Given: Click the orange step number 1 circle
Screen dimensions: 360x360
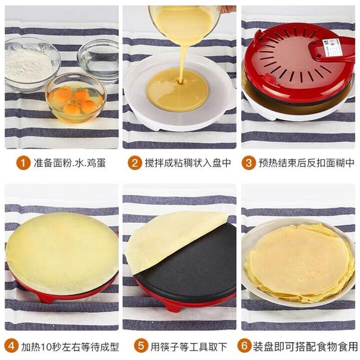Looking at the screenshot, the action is [23, 163].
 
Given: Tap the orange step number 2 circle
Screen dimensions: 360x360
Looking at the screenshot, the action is [135, 163].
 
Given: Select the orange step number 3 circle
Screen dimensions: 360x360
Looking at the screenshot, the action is [248, 163].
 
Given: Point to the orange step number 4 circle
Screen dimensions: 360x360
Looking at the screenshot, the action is [11, 346].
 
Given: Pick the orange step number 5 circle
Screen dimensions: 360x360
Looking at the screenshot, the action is [141, 346].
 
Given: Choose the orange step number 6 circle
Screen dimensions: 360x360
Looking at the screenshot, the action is [244, 346].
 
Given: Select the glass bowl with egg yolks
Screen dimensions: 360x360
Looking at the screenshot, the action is [76, 98].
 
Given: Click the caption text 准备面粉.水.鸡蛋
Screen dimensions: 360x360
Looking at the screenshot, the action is [70, 163].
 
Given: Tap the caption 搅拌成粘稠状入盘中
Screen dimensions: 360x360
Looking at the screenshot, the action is [188, 163].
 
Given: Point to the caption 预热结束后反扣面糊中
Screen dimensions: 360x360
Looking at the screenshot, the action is [306, 163].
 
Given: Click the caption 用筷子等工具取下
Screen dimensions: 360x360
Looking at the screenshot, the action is [189, 346].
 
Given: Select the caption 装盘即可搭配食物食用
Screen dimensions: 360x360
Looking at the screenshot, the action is [306, 346].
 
